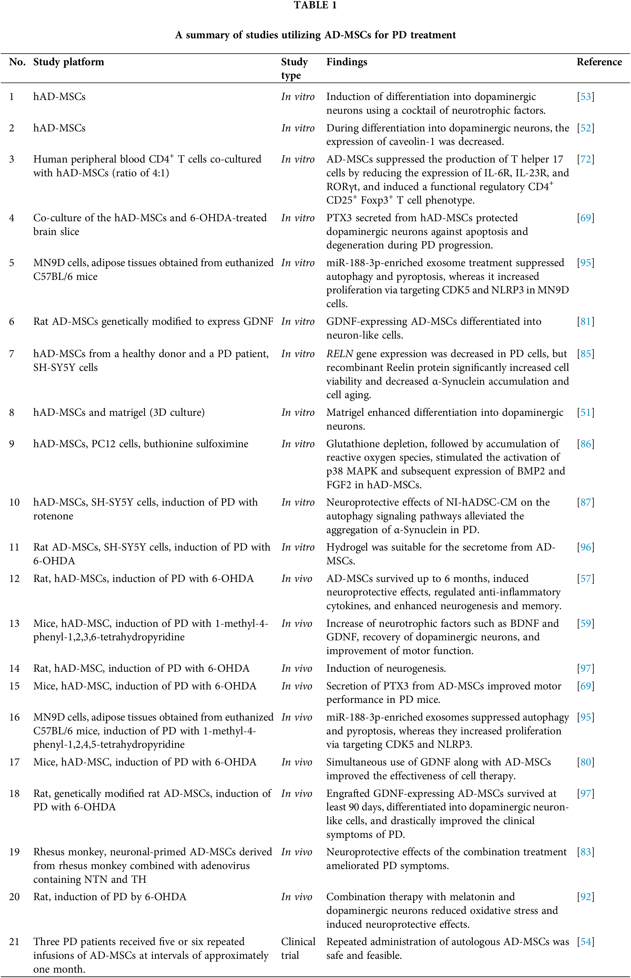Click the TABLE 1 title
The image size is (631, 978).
[315, 5]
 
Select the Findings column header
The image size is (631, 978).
[346, 62]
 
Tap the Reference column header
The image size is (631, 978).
[599, 62]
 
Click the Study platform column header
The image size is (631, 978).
[69, 62]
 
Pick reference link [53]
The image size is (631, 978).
[585, 97]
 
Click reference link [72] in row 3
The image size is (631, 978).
[585, 159]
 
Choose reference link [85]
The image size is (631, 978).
[585, 354]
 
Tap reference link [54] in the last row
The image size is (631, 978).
[585, 941]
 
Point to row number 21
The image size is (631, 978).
[14, 941]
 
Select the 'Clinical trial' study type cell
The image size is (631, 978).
[298, 948]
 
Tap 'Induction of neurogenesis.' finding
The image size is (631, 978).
[386, 668]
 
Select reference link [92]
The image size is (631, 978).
[585, 897]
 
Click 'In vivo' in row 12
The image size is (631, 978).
[297, 579]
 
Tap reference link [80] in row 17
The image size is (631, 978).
[585, 762]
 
